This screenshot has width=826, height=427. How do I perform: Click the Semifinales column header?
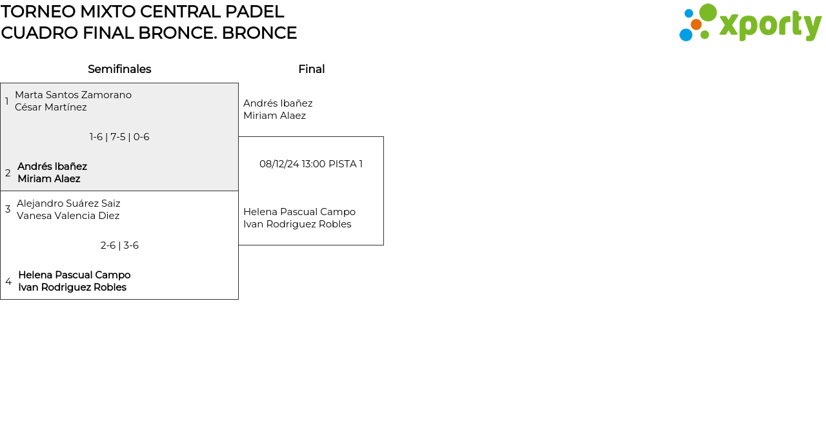tap(119, 69)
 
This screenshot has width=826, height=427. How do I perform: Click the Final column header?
tap(311, 69)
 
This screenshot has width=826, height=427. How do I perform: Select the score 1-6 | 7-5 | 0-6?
tap(119, 137)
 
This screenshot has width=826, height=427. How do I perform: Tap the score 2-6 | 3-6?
tap(119, 245)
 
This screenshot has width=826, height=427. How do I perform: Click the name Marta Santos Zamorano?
tap(73, 95)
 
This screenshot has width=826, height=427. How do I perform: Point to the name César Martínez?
tap(50, 107)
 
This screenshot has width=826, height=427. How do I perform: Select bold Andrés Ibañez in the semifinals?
tap(52, 167)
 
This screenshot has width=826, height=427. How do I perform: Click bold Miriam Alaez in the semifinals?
tap(49, 179)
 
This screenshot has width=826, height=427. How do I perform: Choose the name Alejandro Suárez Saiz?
tap(68, 203)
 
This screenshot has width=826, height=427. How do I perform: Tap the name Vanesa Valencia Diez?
tap(68, 216)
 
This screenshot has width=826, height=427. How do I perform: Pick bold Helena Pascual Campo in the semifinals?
tap(74, 275)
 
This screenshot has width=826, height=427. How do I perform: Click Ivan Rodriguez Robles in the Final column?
tap(297, 224)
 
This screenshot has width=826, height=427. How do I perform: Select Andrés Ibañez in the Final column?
tap(277, 103)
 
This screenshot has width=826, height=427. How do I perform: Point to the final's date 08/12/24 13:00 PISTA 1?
tap(311, 164)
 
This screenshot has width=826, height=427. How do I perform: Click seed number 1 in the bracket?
tap(7, 101)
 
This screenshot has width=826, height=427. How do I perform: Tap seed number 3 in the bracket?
tap(8, 209)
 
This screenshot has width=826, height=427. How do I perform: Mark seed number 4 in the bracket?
tap(8, 282)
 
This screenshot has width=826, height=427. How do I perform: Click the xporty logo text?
tap(770, 25)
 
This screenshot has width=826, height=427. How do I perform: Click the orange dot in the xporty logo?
tap(696, 25)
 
